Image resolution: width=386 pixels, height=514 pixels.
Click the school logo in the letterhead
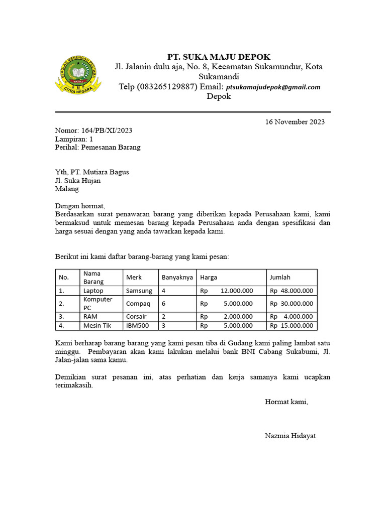coord(78,75)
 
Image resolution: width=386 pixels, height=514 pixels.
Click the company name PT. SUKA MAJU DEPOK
coord(219,57)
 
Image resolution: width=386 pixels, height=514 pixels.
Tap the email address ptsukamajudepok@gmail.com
coord(273,87)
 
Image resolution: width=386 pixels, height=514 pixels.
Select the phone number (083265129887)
coord(166,87)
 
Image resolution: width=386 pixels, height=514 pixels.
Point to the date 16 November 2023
coord(295,121)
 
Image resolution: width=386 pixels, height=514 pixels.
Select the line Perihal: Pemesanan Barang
coord(98,148)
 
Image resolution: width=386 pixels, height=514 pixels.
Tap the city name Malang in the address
coord(67,189)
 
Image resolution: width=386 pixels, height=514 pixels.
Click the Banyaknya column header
coord(177,277)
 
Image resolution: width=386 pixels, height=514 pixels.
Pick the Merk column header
coord(134,277)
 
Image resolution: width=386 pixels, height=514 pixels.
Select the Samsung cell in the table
coord(139,291)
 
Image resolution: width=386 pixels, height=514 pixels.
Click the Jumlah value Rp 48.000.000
coord(292,291)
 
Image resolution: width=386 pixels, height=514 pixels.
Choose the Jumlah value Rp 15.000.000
coord(292,326)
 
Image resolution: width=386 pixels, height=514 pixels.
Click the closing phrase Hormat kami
coord(286,402)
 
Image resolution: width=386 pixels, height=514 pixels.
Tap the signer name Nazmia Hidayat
coord(291,436)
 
